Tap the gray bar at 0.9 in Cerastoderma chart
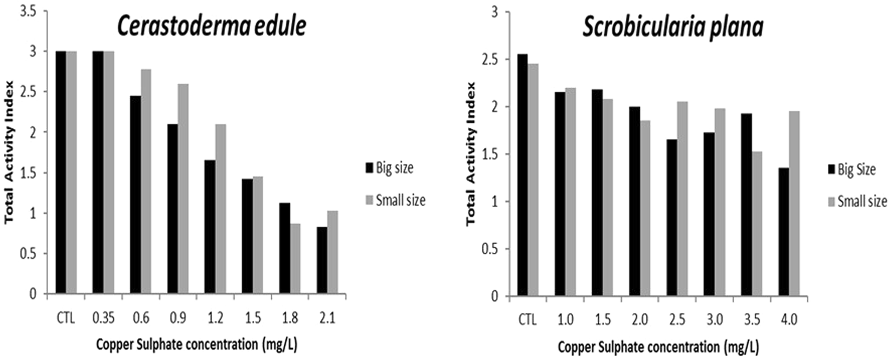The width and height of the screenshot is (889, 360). (x=183, y=189)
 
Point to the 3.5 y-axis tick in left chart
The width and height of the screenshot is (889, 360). (x=27, y=11)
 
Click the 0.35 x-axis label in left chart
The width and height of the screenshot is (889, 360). (x=103, y=318)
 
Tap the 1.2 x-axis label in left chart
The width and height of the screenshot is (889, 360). (x=215, y=318)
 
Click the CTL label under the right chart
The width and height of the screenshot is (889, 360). (x=527, y=320)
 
